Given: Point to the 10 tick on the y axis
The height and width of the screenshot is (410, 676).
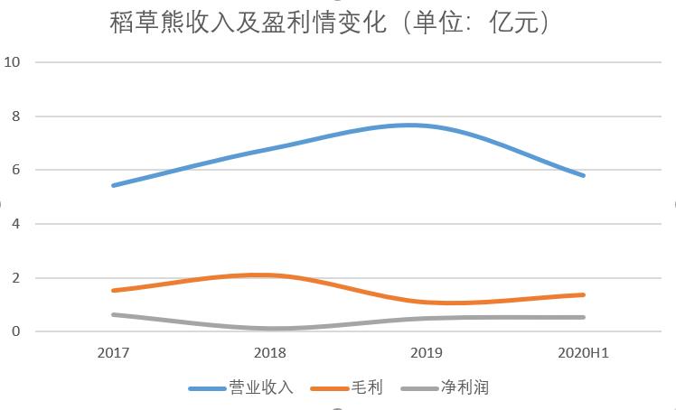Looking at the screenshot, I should pyautogui.click(x=13, y=62).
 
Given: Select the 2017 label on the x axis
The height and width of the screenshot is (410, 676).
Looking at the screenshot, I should pyautogui.click(x=113, y=353).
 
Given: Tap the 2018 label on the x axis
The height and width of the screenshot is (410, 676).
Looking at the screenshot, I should pyautogui.click(x=270, y=353).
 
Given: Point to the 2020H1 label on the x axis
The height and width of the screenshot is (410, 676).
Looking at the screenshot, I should pyautogui.click(x=584, y=353).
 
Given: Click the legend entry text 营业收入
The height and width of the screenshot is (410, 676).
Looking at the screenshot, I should pyautogui.click(x=261, y=388).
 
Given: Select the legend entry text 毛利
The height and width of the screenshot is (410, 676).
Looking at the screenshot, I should pyautogui.click(x=369, y=388).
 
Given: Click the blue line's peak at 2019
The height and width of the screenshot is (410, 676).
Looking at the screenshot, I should pyautogui.click(x=412, y=126).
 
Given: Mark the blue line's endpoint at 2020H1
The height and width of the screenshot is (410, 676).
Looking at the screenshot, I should pyautogui.click(x=584, y=175).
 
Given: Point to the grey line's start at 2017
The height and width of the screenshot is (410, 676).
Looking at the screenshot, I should pyautogui.click(x=113, y=314).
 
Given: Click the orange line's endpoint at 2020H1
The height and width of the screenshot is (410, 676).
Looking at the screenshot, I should pyautogui.click(x=584, y=294).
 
